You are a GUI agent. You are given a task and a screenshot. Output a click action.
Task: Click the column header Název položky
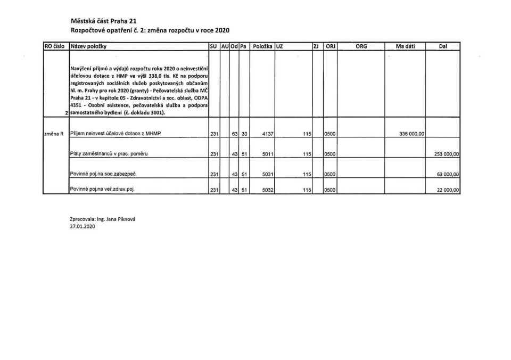88,47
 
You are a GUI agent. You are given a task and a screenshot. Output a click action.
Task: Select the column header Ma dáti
409,47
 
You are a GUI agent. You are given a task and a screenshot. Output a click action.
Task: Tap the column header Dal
443,47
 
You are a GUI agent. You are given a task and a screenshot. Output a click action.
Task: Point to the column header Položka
262,47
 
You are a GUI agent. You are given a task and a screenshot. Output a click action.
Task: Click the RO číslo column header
55,47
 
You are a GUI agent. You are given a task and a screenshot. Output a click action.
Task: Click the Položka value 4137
268,134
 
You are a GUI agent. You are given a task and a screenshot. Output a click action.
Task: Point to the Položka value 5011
268,154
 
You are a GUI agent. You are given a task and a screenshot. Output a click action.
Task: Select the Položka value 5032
268,190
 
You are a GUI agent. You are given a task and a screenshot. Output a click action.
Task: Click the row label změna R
54,134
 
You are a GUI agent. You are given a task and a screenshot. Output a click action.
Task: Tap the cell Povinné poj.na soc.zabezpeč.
100,174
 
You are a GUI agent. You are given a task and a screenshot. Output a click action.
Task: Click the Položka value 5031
268,174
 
